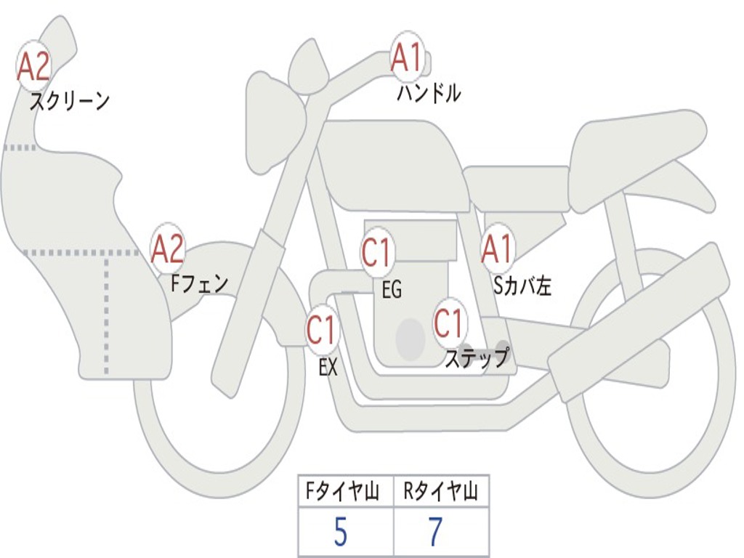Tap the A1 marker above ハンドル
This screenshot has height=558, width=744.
(x=408, y=57)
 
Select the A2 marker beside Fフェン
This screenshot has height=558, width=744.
(x=167, y=249)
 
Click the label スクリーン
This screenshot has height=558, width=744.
(x=69, y=101)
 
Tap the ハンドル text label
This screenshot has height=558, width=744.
(x=429, y=93)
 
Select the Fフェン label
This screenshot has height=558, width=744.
(x=199, y=283)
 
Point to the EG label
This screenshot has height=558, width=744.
(x=392, y=291)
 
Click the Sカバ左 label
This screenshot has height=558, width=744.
(x=522, y=286)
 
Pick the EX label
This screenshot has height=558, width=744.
(x=328, y=368)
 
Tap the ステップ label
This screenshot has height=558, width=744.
(x=477, y=358)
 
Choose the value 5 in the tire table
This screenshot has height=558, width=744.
(x=340, y=533)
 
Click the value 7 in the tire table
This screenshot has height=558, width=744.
(x=435, y=533)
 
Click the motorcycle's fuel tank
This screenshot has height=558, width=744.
(x=392, y=163)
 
